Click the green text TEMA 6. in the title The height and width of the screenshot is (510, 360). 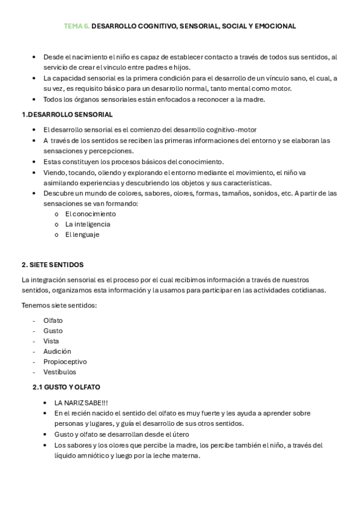77,26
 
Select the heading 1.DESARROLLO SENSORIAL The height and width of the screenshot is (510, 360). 67,114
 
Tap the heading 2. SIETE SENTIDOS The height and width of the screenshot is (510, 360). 52,265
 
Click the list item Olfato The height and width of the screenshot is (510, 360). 53,321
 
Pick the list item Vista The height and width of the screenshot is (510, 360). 51,341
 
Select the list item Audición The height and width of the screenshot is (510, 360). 57,351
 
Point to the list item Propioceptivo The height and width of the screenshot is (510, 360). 65,361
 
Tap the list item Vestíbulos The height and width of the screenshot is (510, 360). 59,372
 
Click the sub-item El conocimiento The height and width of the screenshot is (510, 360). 90,214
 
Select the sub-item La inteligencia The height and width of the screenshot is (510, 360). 88,224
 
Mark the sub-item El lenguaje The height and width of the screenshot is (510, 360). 82,235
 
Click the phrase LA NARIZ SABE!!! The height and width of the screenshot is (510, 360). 81,402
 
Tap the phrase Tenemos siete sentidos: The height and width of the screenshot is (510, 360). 59,306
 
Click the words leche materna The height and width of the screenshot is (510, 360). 178,456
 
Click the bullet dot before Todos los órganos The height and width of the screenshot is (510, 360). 34,99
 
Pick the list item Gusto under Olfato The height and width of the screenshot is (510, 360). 53,331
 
